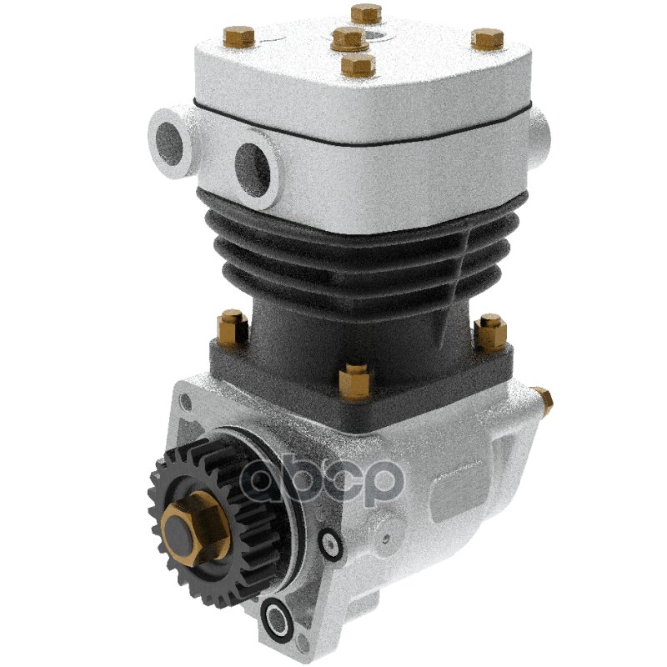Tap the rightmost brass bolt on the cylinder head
click(488, 38)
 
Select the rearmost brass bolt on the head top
click(366, 13)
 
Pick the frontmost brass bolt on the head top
click(359, 66)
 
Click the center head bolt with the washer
click(349, 39)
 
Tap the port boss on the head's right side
click(539, 135)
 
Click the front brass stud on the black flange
click(356, 381)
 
